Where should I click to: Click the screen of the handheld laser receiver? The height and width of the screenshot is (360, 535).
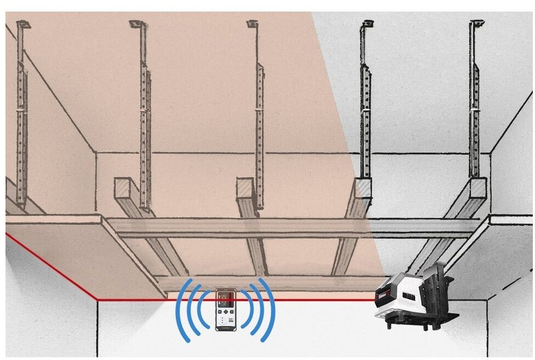(x=225, y=301)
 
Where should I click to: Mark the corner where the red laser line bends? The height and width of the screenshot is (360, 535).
(x=97, y=300)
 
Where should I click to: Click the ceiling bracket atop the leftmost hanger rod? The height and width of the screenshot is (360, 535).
(x=23, y=25)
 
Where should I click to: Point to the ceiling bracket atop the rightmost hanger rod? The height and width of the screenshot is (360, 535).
(x=477, y=24)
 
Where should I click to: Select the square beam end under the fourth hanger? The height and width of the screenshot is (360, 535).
(x=362, y=188)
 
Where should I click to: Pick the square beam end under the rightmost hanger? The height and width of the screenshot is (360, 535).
(x=477, y=188)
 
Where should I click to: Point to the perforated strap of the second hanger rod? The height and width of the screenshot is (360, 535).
(x=145, y=126)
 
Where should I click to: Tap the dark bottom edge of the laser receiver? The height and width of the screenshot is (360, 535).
(x=225, y=330)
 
